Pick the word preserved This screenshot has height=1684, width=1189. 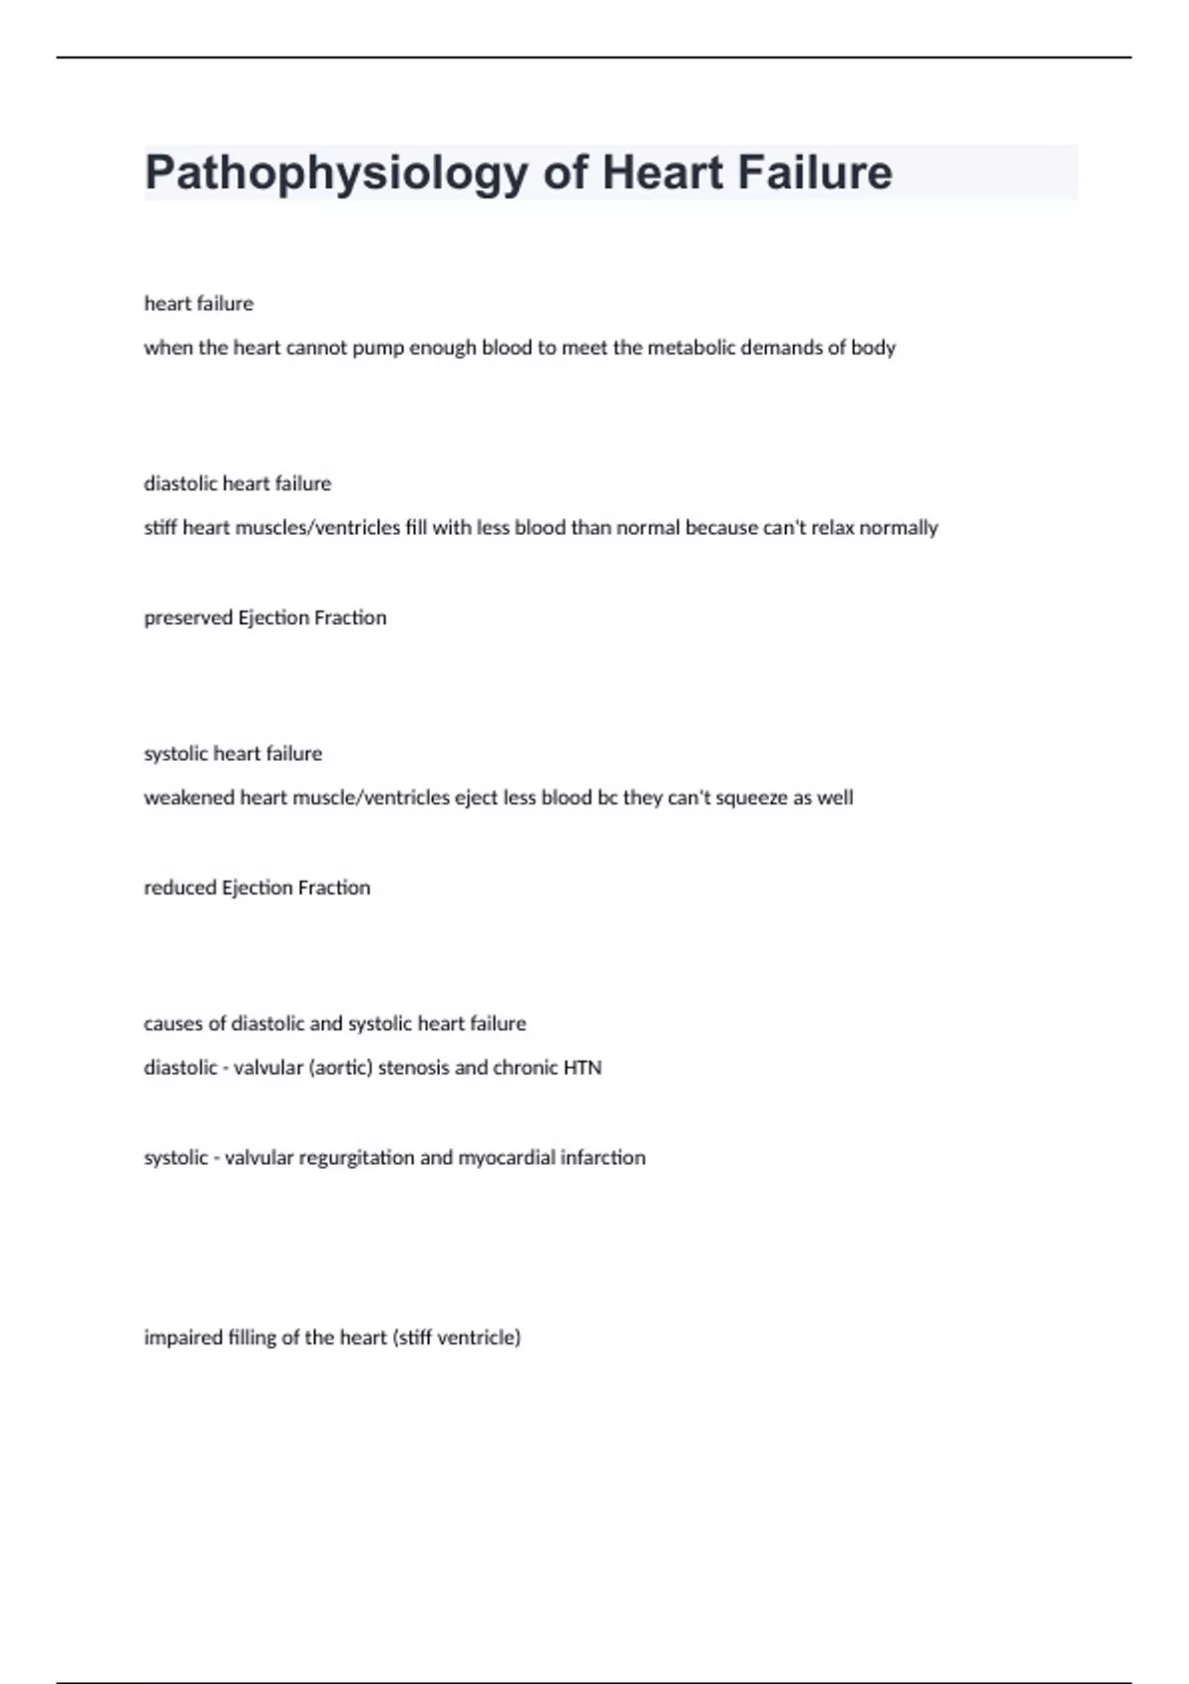pyautogui.click(x=188, y=618)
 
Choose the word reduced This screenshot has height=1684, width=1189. pyautogui.click(x=180, y=888)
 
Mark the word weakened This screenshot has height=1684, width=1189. pyautogui.click(x=189, y=797)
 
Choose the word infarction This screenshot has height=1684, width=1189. pyautogui.click(x=602, y=1157)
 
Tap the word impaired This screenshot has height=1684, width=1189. pyautogui.click(x=183, y=1338)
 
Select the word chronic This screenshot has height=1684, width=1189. pyautogui.click(x=525, y=1068)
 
